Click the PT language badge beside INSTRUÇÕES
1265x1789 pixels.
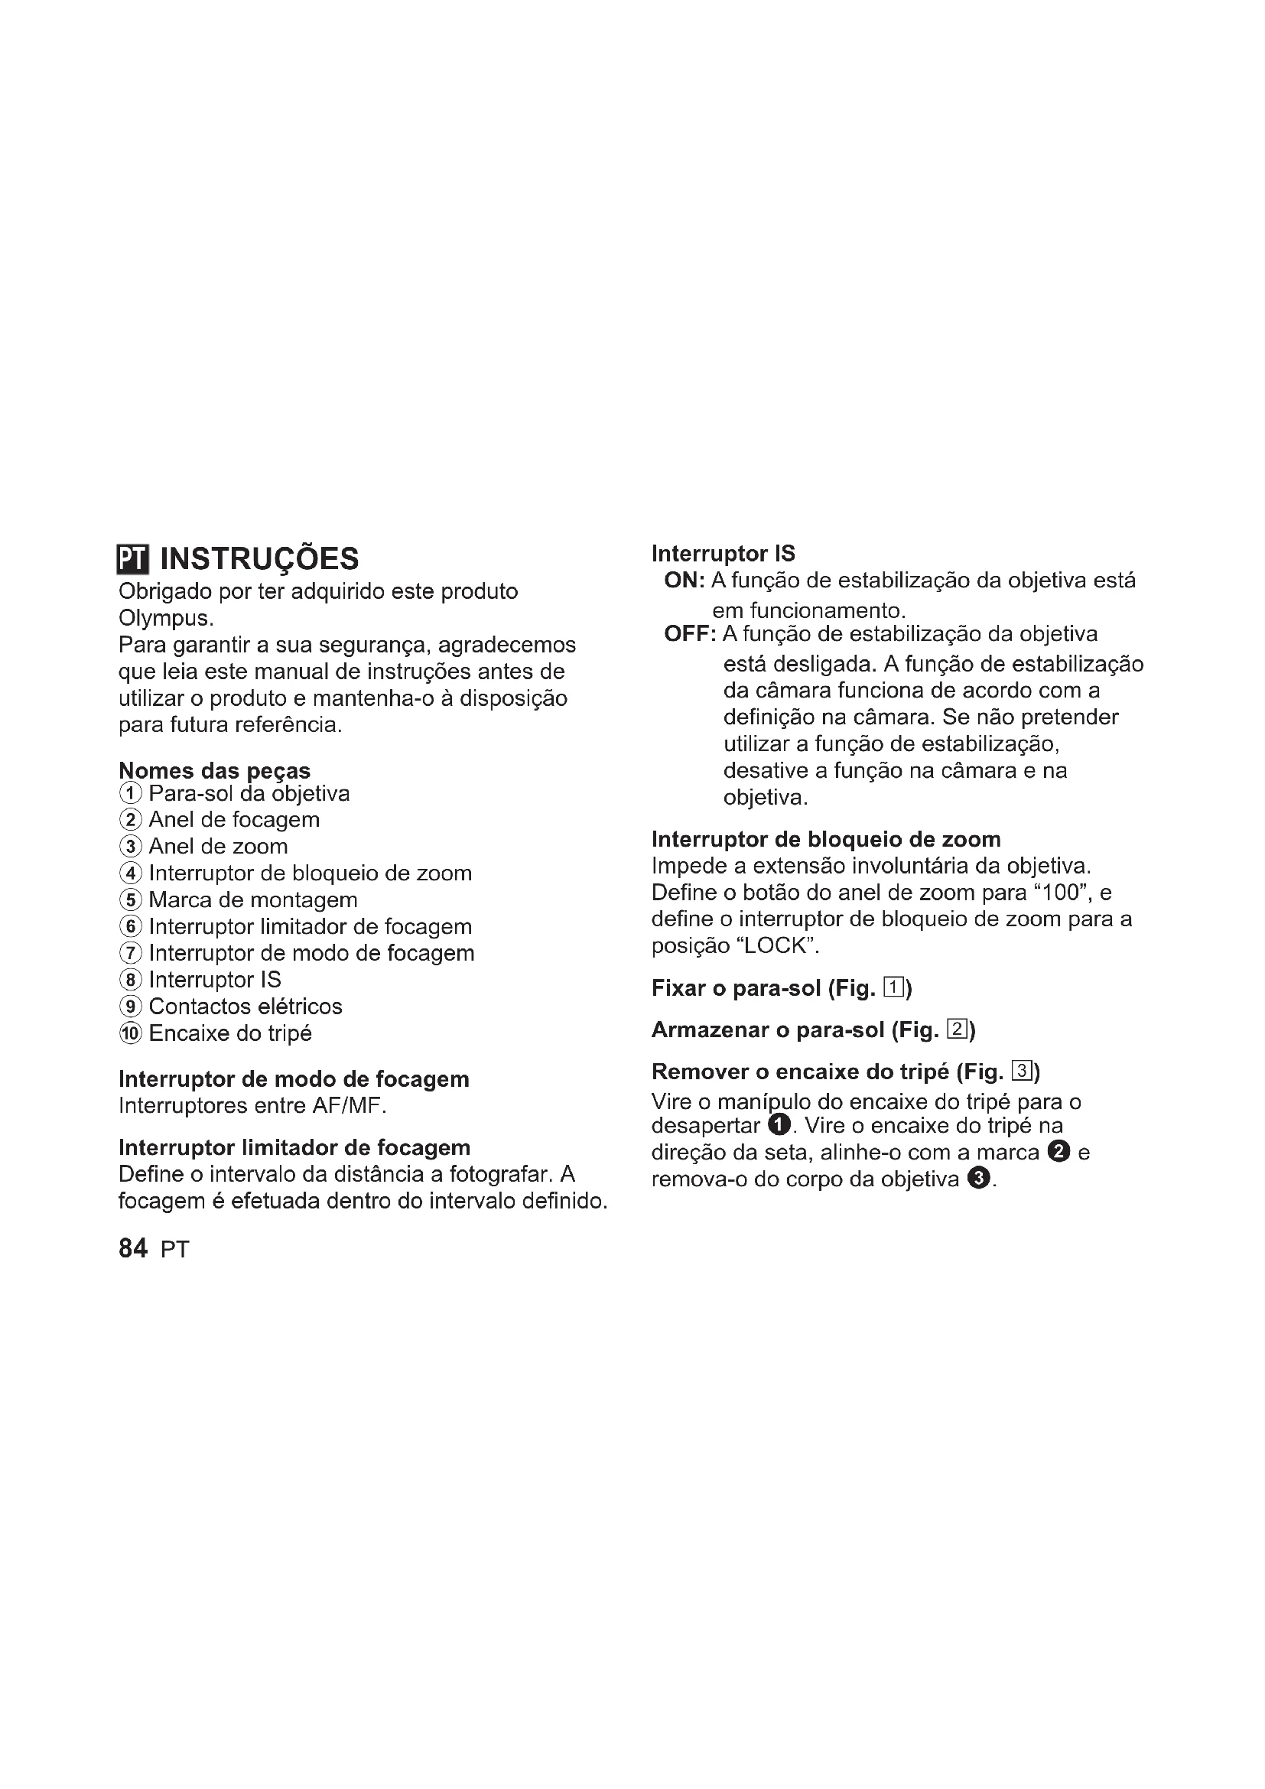coord(132,558)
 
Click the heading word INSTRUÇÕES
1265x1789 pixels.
coord(259,558)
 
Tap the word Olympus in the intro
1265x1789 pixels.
coord(164,619)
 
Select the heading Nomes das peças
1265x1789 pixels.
coord(214,771)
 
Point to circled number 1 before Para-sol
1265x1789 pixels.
coord(131,794)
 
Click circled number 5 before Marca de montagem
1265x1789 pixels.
coord(131,901)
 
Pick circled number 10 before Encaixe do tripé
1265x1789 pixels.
coord(131,1034)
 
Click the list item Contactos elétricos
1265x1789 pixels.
coord(246,1007)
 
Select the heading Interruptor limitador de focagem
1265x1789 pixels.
coord(294,1148)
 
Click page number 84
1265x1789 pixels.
coord(133,1248)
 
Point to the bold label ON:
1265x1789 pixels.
coord(685,581)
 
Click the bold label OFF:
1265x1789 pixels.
coord(690,634)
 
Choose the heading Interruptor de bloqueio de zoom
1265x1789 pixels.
coord(826,839)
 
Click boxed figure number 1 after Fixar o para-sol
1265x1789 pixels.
coord(893,989)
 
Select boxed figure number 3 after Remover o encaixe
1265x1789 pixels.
coord(1022,1072)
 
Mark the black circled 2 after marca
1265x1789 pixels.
coord(1059,1152)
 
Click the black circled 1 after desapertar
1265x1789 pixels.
coord(778,1125)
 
